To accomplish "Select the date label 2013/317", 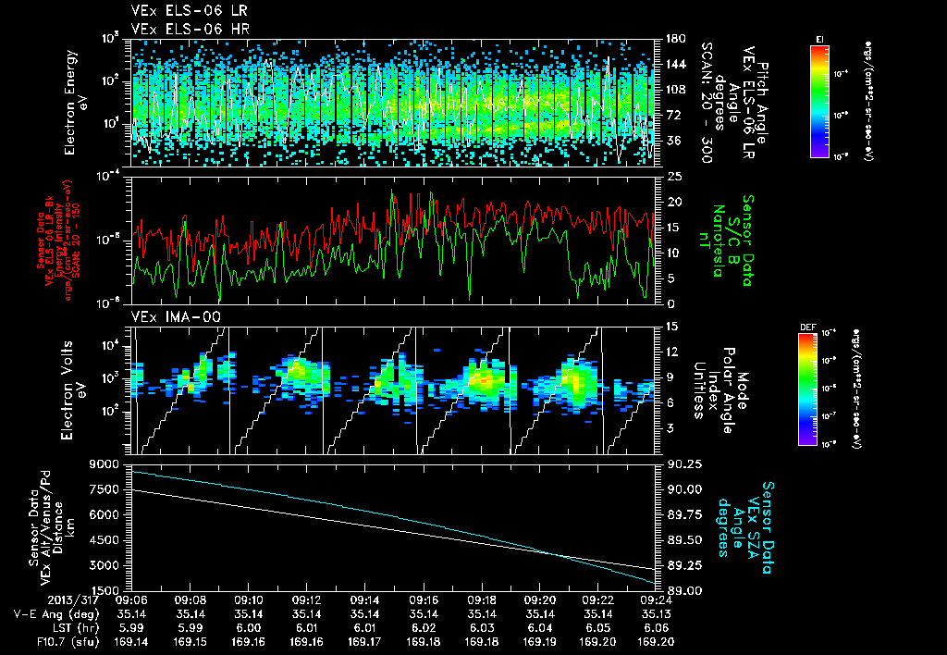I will pos(34,599).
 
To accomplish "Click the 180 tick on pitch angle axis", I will pos(674,40).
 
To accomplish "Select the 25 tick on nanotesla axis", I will pos(673,176).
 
